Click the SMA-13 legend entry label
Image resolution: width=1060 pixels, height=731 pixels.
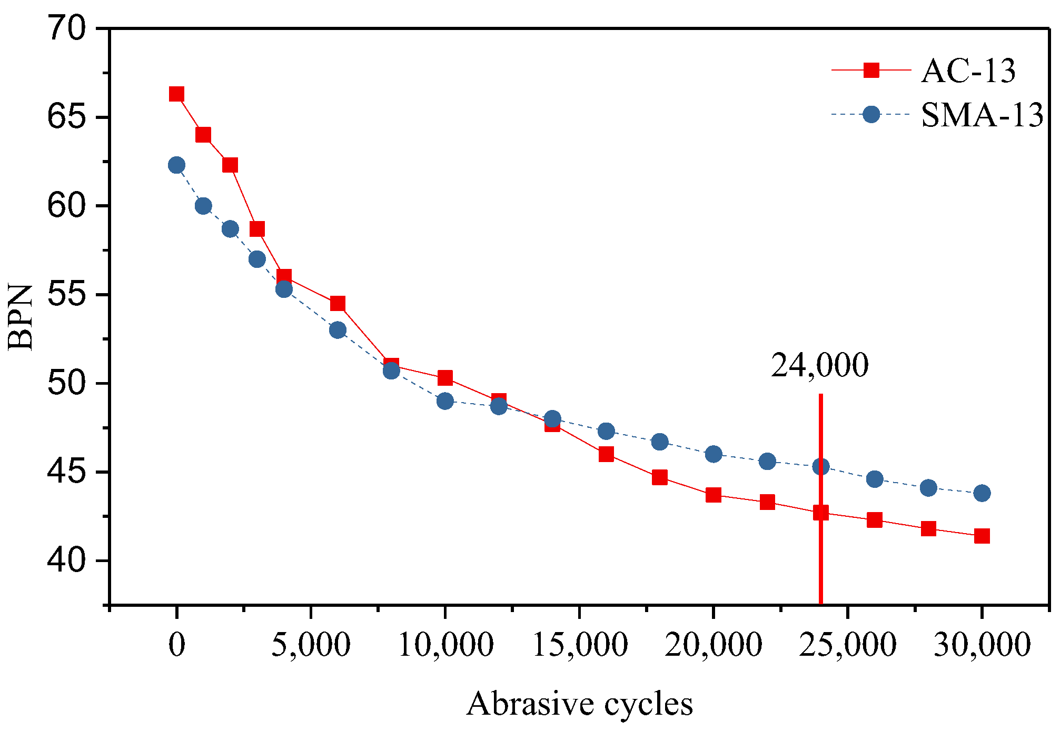tap(982, 115)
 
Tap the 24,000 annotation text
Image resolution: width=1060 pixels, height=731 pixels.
tap(819, 365)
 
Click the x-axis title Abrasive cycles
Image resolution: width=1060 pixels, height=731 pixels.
tap(579, 704)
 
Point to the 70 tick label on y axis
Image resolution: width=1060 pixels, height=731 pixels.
tap(66, 28)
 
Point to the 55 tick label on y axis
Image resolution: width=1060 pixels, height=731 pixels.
tap(66, 295)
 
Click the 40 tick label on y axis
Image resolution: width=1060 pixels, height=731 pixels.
tap(66, 561)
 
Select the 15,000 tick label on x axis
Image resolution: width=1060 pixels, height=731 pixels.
tap(580, 644)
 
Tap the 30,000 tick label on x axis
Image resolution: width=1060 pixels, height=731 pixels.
tap(982, 644)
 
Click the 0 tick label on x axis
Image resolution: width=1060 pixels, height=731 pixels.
tap(177, 644)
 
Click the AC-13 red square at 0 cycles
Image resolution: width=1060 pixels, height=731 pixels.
tap(176, 94)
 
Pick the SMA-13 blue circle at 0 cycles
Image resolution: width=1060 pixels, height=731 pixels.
tap(176, 165)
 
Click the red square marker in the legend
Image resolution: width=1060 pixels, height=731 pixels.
tap(871, 70)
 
